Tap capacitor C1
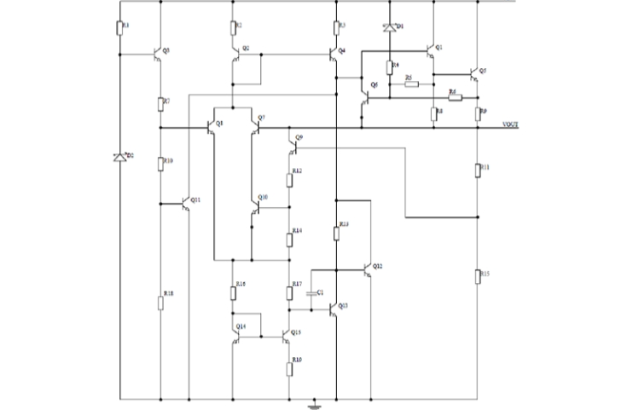tap(311, 292)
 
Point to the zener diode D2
tap(120, 157)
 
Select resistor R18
tap(160, 303)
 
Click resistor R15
tap(479, 275)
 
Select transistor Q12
tap(369, 269)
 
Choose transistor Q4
tap(334, 54)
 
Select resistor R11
tap(479, 170)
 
